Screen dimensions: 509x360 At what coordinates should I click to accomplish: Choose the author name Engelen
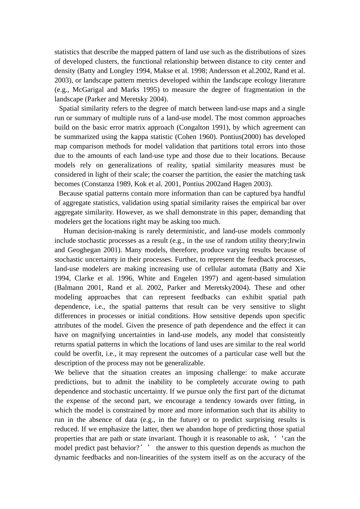coord(169,278)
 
